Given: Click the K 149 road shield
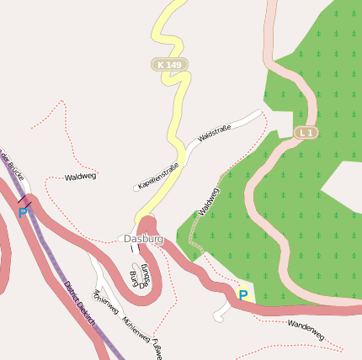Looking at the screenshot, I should click(169, 64).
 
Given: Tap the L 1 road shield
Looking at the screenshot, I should click(306, 133).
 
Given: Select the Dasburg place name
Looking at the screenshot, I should click(143, 239).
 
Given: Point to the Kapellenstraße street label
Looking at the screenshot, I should click(159, 175).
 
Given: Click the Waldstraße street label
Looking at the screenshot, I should click(215, 133).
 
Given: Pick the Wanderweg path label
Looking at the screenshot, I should click(306, 328).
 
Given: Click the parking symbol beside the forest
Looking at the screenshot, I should click(243, 294).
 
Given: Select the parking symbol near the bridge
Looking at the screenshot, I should click(22, 212).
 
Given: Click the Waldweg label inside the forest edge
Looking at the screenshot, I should click(208, 202).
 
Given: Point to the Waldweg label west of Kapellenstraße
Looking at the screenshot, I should click(81, 177).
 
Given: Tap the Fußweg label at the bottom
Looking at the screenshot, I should click(157, 349).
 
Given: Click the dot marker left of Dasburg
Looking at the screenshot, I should click(120, 239).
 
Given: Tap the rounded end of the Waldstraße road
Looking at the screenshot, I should click(259, 113).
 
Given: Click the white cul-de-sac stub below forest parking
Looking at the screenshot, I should click(221, 316).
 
